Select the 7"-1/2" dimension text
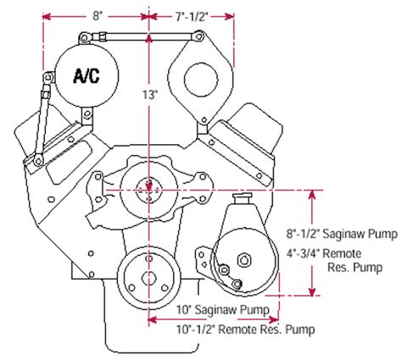[191, 14]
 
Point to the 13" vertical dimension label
[150, 97]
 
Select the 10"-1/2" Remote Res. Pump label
[225, 326]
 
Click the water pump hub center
[149, 186]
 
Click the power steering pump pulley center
[243, 261]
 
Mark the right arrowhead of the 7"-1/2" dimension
[230, 14]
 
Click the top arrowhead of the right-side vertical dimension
[315, 193]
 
